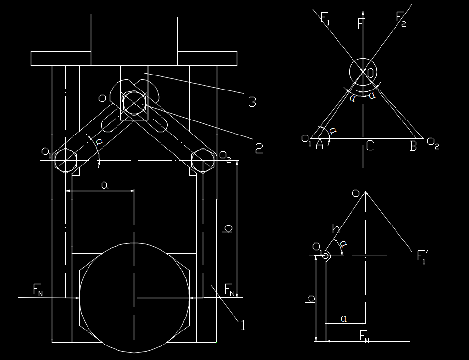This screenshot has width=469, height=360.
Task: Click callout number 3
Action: pos(252,102)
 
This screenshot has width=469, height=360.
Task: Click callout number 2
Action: pos(259,148)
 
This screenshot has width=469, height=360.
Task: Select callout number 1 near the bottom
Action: pos(243,325)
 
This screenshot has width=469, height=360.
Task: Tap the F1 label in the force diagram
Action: pos(325,18)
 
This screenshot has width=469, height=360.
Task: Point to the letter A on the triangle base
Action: pos(320,144)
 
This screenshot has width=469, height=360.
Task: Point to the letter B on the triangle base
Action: pos(413,146)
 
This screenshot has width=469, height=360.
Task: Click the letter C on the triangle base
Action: pos(370,146)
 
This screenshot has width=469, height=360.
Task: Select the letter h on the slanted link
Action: pos(336,228)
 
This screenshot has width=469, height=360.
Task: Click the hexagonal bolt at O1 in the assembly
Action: pos(66,160)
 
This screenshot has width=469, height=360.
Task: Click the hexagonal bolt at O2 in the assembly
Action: pos(203,160)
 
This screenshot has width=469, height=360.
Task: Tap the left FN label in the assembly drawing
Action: pos(38,289)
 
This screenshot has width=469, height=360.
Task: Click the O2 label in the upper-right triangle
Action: pos(433,143)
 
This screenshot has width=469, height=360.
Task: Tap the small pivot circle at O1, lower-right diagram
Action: pos(326,256)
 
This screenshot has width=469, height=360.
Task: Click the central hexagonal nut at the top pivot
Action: pos(134,103)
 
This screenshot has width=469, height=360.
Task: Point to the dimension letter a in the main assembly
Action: pos(104,186)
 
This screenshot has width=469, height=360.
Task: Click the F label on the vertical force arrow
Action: pos(361,23)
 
